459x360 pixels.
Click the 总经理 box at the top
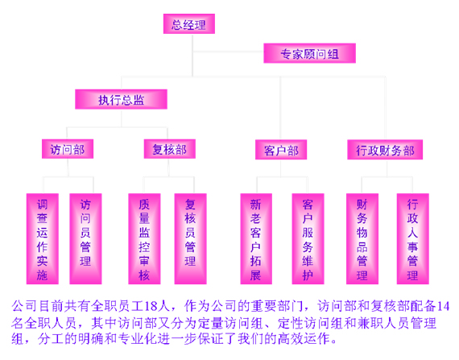189,23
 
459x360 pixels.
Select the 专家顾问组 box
309,53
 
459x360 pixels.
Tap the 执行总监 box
121,99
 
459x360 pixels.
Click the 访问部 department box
68,149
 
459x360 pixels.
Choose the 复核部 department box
170,149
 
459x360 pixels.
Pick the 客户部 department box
281,150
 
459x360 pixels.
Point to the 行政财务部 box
385,150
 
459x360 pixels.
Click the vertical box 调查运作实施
43,239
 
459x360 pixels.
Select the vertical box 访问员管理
85,239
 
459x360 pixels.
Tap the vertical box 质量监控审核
144,239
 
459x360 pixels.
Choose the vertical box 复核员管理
191,239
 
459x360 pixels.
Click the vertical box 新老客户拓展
256,239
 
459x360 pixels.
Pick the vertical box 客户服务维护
308,239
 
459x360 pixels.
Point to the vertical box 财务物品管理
362,239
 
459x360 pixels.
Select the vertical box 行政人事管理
413,239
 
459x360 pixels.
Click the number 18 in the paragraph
151,306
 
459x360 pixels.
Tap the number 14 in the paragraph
443,306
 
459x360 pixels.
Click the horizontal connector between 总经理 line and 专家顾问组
228,52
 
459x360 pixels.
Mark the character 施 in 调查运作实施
42,275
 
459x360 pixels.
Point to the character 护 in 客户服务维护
308,275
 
